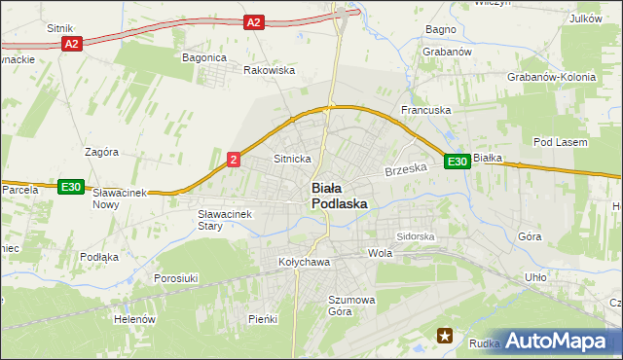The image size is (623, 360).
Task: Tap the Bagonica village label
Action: click(x=204, y=57)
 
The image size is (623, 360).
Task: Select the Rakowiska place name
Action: click(x=269, y=70)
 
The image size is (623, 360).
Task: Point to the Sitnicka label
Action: click(x=292, y=158)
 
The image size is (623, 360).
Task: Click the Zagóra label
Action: click(x=101, y=152)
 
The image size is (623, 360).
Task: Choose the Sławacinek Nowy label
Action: click(x=119, y=198)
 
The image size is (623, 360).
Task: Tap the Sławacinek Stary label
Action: click(x=225, y=220)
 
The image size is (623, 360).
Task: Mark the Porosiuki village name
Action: click(x=176, y=278)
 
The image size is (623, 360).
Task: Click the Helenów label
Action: click(x=134, y=319)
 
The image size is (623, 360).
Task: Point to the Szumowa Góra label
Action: click(x=351, y=306)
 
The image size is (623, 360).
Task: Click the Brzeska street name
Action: click(x=407, y=169)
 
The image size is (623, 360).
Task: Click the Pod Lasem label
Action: click(x=561, y=142)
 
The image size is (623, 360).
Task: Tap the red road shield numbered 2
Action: click(x=234, y=159)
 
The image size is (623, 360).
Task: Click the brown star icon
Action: click(x=445, y=337)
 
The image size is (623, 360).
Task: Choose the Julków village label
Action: click(x=586, y=18)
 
